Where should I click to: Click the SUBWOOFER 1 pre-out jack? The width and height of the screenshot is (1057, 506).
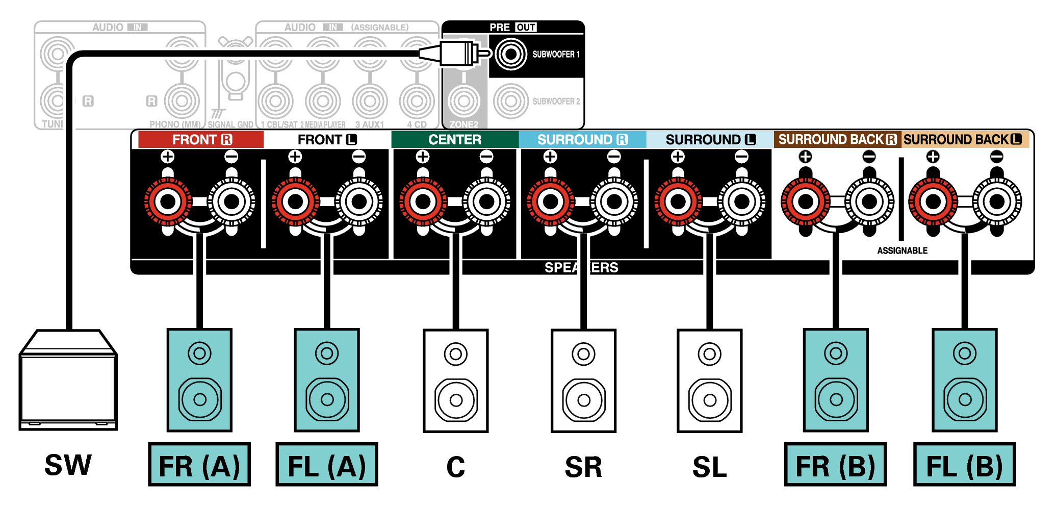[510, 54]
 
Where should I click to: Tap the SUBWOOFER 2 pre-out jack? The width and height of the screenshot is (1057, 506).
[510, 101]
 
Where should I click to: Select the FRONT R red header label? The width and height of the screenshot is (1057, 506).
[201, 139]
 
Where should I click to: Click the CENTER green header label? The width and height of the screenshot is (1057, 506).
[455, 139]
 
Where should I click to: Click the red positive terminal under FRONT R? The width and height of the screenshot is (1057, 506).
[168, 202]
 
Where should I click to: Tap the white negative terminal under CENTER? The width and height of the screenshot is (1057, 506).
[487, 202]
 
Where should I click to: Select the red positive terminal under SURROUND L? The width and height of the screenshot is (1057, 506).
[678, 202]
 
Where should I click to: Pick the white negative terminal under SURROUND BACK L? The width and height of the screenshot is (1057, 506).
[997, 202]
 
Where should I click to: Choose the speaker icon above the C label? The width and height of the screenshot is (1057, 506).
[456, 381]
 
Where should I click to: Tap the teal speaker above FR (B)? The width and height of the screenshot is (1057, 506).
[836, 381]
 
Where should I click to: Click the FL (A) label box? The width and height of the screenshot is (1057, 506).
[327, 465]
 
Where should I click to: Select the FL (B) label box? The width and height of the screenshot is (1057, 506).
[964, 465]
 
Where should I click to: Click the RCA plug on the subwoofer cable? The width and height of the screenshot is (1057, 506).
[456, 53]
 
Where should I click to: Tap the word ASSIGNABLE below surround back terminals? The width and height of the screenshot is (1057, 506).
[902, 250]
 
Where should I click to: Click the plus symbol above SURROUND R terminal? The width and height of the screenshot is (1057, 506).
[550, 157]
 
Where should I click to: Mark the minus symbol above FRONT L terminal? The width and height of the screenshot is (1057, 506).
[359, 157]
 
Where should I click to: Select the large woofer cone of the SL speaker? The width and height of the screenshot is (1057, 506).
[710, 400]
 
